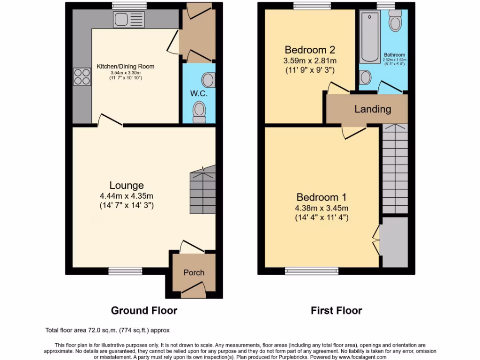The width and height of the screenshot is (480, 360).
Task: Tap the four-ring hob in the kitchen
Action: pyautogui.click(x=82, y=77)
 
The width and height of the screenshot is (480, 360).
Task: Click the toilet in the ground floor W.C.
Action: pyautogui.click(x=200, y=112)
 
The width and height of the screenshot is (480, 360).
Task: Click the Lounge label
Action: pyautogui.click(x=127, y=185)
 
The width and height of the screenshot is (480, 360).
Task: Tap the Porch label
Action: pyautogui.click(x=194, y=272)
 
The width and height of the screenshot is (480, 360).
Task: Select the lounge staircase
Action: pyautogui.click(x=202, y=192)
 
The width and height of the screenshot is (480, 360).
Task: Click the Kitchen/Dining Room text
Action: pyautogui.click(x=126, y=67)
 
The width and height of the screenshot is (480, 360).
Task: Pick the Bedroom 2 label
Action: pyautogui.click(x=310, y=50)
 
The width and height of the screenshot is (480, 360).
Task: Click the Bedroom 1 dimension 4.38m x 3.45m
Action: pyautogui.click(x=322, y=208)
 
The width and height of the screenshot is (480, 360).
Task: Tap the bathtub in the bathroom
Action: pyautogui.click(x=370, y=37)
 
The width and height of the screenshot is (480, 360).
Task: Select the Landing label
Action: pyautogui.click(x=373, y=109)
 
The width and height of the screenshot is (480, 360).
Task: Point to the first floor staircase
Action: pyautogui.click(x=395, y=169)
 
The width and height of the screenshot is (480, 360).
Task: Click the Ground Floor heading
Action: pyautogui.click(x=144, y=310)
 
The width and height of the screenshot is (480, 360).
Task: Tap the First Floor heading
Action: pyautogui.click(x=337, y=310)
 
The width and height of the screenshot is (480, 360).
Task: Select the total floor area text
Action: pyautogui.click(x=110, y=330)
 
